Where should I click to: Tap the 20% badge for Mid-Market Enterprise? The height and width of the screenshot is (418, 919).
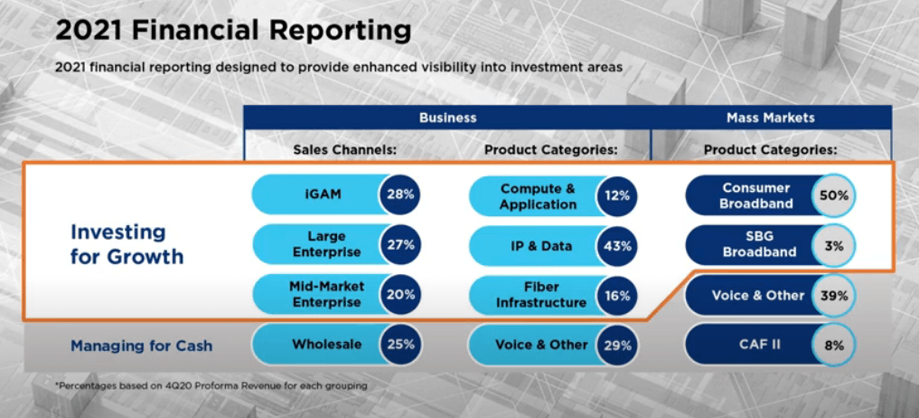click(400, 294)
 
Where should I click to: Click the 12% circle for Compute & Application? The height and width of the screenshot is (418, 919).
click(617, 195)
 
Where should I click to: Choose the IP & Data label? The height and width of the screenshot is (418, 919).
click(539, 245)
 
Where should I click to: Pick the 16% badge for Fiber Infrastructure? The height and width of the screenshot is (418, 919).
click(617, 294)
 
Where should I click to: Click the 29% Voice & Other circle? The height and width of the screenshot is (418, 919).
click(617, 345)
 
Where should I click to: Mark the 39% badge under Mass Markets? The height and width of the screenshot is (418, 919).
click(833, 295)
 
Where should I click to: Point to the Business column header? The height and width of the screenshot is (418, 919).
click(447, 118)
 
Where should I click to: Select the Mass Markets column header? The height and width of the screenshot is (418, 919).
click(770, 118)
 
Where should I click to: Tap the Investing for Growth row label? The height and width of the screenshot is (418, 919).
click(127, 244)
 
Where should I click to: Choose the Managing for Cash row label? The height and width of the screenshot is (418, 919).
click(142, 345)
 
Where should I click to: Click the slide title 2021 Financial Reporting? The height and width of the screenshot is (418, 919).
click(233, 31)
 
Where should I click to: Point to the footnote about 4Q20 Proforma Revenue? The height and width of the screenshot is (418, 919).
click(211, 386)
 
